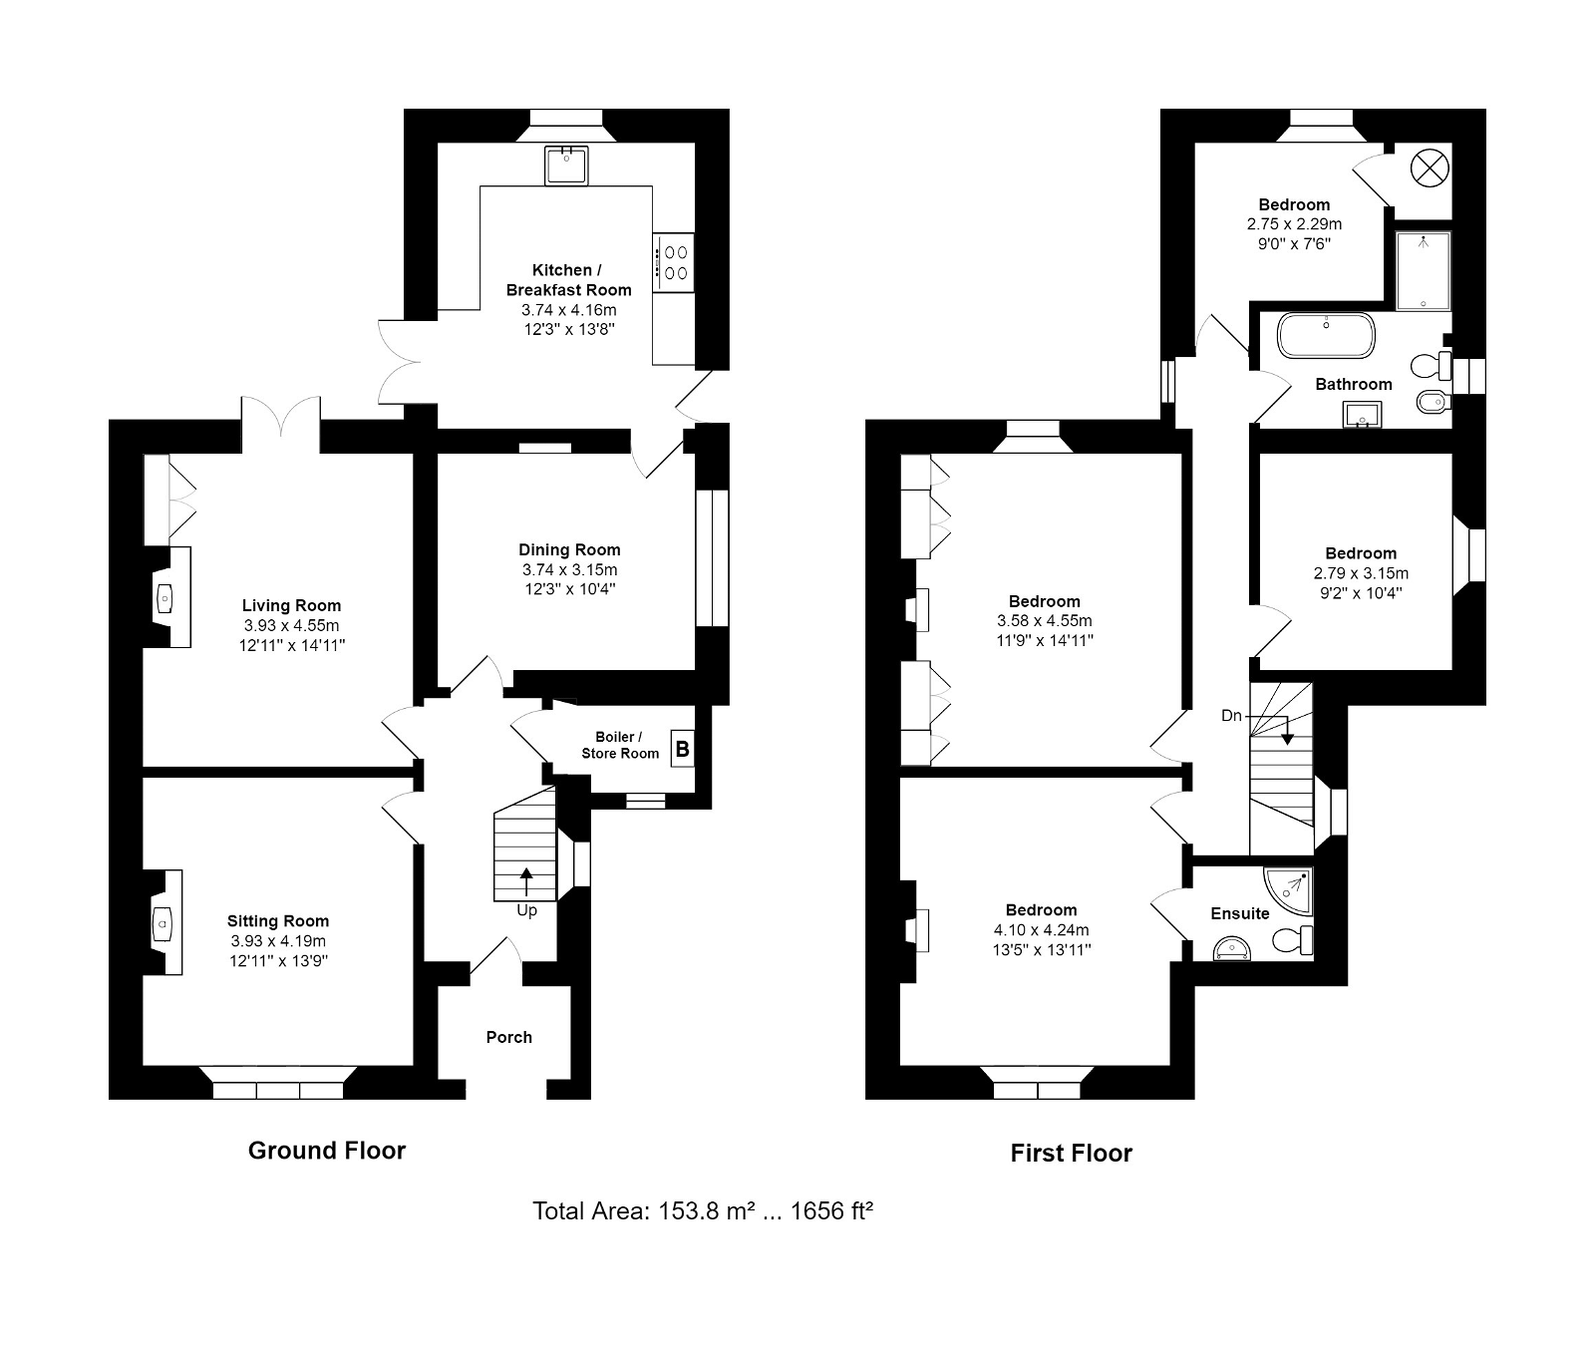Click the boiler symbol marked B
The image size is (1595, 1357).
(682, 748)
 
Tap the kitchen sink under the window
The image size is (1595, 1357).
(566, 165)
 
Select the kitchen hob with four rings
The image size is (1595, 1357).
(674, 262)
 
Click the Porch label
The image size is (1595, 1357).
(508, 1037)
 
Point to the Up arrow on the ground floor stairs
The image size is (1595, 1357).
(525, 884)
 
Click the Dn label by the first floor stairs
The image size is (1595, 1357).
(1232, 716)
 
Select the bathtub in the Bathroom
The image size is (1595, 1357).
(1327, 336)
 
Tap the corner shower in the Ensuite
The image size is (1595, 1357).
(1289, 893)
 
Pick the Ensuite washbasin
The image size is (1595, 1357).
(1232, 949)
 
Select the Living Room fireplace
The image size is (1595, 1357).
(166, 597)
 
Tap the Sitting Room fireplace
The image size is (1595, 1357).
(161, 922)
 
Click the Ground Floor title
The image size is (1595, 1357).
(327, 1151)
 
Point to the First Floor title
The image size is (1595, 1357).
(1072, 1154)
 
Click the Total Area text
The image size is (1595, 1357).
(703, 1211)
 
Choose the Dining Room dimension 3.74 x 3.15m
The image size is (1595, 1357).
(570, 569)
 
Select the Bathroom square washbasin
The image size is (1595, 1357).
(1363, 413)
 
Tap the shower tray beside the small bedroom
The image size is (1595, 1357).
(1423, 271)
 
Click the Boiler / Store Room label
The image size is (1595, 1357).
(620, 745)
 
